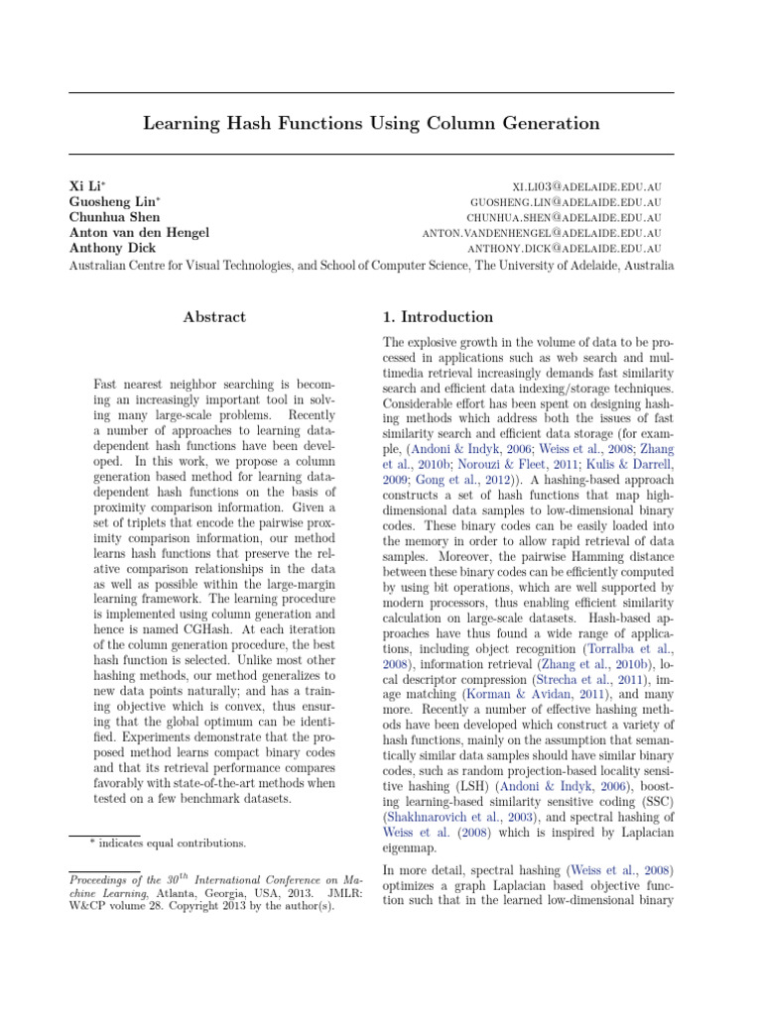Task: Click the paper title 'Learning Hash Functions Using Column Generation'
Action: coord(371,123)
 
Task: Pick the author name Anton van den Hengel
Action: coord(139,233)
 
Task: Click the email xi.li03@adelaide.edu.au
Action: coord(586,186)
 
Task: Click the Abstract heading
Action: coord(214,317)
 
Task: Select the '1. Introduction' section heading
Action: coord(438,317)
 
